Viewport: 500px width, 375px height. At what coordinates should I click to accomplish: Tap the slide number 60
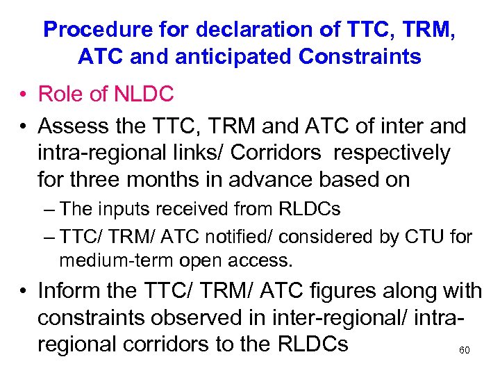click(x=465, y=351)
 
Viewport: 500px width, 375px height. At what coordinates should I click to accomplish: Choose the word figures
click(x=324, y=291)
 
